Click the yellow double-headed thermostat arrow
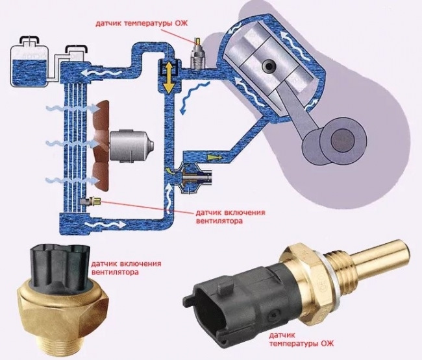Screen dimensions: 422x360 pyautogui.click(x=169, y=77)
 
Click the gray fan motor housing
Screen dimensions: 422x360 pyautogui.click(x=131, y=145)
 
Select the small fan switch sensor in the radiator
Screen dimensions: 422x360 pyautogui.click(x=91, y=201)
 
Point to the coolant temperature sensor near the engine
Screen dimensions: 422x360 pyautogui.click(x=198, y=54)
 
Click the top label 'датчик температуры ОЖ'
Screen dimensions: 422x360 pyautogui.click(x=142, y=23)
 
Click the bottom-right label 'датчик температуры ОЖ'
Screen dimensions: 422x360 pyautogui.click(x=301, y=339)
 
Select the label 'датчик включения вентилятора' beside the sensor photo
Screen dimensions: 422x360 pyautogui.click(x=127, y=267)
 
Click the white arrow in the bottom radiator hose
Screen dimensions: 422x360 pyautogui.click(x=105, y=224)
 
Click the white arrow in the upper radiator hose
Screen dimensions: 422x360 pyautogui.click(x=101, y=72)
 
